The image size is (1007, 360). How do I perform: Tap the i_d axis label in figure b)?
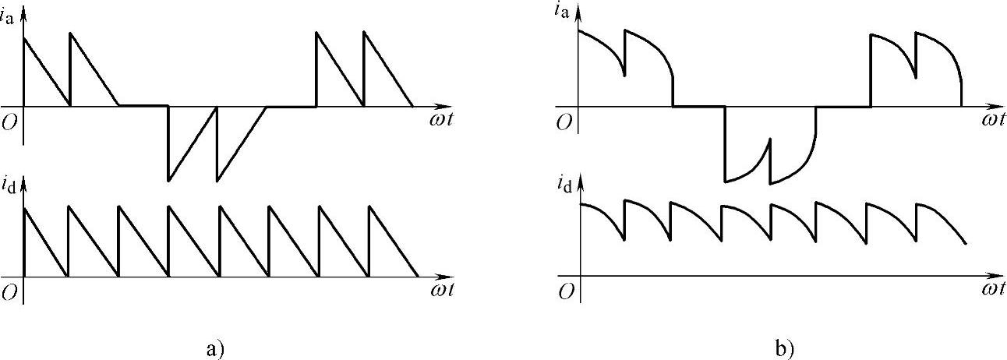pyautogui.click(x=567, y=185)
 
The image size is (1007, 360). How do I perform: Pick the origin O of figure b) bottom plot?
pyautogui.click(x=565, y=291)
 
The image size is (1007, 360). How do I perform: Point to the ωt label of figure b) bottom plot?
pyautogui.click(x=992, y=290)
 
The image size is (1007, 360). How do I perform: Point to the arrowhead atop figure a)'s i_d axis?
pyautogui.click(x=24, y=185)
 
